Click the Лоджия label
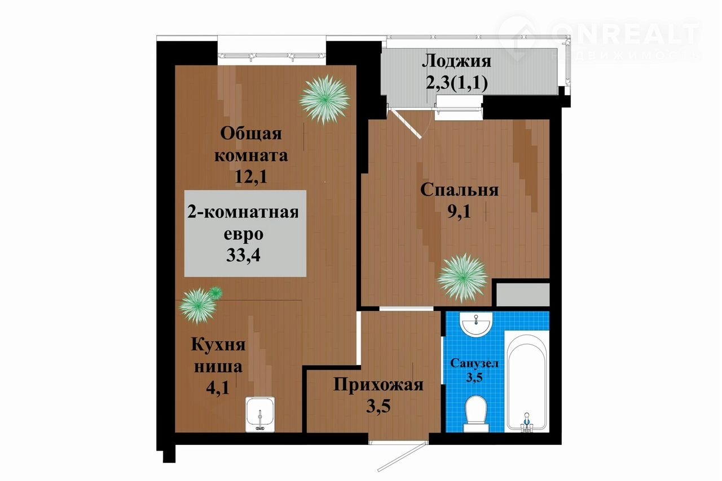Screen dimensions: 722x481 coord(456,61)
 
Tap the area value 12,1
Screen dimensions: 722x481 coord(251,176)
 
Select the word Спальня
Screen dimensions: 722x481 coord(459,190)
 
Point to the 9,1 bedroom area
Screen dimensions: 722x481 coord(459,212)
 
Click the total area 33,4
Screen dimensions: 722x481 coord(243,255)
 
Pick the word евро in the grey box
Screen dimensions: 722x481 coord(244,234)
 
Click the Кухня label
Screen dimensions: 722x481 coord(218,345)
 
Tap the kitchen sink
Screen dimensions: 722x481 coord(260,415)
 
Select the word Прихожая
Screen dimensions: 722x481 coord(378,385)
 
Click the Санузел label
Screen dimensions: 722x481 coord(474,364)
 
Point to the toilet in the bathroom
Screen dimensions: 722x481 coord(476,413)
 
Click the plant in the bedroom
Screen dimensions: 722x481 coord(463,278)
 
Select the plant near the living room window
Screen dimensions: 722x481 coord(324,100)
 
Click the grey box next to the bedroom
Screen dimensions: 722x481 coord(523,295)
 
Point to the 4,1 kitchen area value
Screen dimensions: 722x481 coord(218,388)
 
